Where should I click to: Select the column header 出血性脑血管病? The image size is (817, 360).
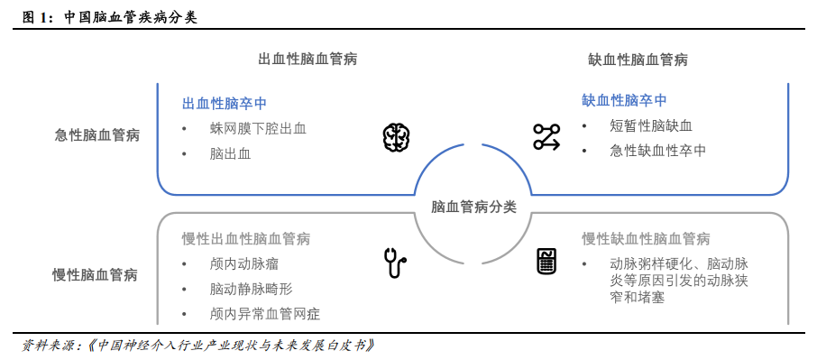308,60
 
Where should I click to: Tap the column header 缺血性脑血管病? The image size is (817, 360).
638,60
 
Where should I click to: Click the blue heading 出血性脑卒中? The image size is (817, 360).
224,103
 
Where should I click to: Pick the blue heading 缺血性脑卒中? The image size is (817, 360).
624,100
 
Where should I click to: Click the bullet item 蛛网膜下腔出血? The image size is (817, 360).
258,128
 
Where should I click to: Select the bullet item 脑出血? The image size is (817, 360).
230,153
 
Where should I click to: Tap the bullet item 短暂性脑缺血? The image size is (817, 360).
650,125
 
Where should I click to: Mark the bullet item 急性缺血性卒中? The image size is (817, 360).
657,151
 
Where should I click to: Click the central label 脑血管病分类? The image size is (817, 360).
474,207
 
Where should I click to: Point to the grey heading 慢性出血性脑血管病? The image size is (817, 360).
245,239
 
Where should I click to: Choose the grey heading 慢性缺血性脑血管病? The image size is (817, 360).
646,239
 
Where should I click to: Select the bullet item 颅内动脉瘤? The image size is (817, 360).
244,264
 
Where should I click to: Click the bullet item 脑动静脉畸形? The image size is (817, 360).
252,290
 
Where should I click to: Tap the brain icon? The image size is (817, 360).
396,137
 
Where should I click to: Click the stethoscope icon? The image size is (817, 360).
393,263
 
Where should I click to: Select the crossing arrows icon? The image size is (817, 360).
546,137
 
